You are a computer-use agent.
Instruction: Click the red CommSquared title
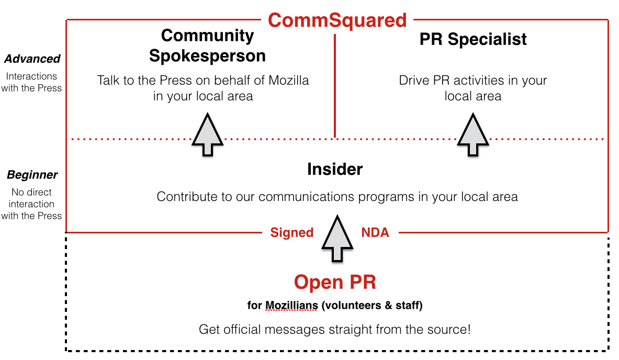[337, 20]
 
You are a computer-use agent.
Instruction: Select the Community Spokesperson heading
[207, 46]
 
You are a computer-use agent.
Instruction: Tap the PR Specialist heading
[473, 39]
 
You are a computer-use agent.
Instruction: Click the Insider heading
[335, 169]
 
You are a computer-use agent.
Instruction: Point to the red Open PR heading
[335, 282]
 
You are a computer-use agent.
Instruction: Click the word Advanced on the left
[32, 59]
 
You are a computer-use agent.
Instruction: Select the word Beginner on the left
[32, 175]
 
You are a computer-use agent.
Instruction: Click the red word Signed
[292, 232]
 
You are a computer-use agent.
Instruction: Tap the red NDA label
[375, 232]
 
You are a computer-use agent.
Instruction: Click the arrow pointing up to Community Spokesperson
[207, 134]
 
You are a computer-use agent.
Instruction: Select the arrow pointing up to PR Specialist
[473, 134]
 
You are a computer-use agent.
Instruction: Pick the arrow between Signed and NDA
[337, 238]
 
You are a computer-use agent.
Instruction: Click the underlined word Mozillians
[292, 306]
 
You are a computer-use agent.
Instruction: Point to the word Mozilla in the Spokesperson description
[289, 80]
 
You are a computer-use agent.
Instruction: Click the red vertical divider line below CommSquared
[335, 86]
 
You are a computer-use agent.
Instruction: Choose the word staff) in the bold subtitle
[409, 306]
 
